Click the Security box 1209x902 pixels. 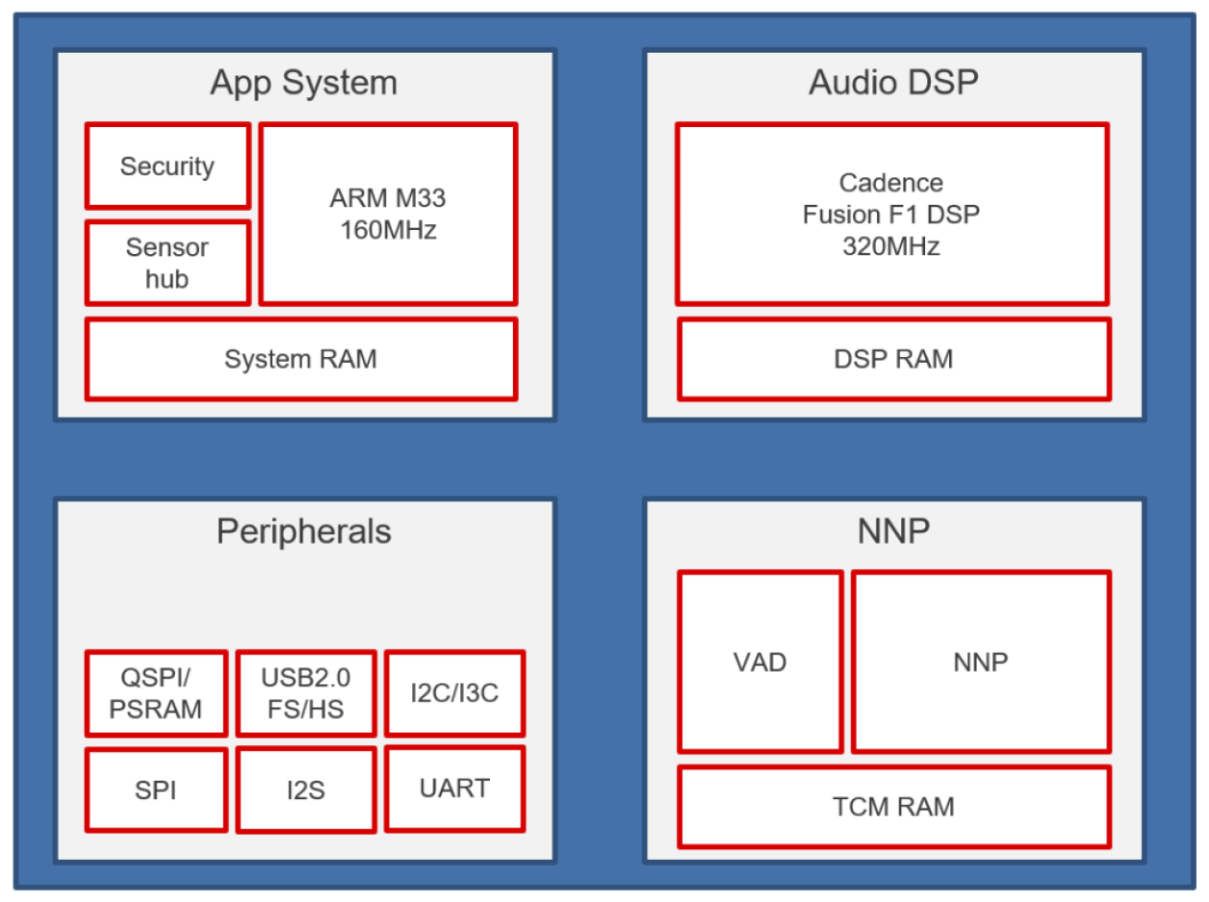tap(167, 166)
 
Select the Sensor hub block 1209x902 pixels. tap(167, 263)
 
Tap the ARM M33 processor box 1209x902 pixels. tap(388, 214)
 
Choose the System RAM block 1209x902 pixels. tap(300, 359)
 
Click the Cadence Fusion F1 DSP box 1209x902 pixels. tap(891, 214)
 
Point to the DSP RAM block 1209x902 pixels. tap(893, 359)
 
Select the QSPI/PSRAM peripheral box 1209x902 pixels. tap(156, 694)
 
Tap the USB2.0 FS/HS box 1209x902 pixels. tap(306, 694)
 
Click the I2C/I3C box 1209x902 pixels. tap(455, 693)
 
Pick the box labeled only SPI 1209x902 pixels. tap(156, 790)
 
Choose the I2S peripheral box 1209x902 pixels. tap(306, 790)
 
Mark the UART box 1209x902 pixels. tap(455, 788)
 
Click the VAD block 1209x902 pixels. tap(760, 662)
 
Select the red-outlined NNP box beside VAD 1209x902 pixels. tap(981, 662)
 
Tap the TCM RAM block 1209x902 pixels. tap(893, 807)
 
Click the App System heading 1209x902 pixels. tap(303, 83)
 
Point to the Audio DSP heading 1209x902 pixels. tap(893, 83)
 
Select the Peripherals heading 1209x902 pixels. tap(303, 531)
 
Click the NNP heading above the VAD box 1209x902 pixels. tap(893, 531)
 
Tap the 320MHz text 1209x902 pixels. tap(891, 246)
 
